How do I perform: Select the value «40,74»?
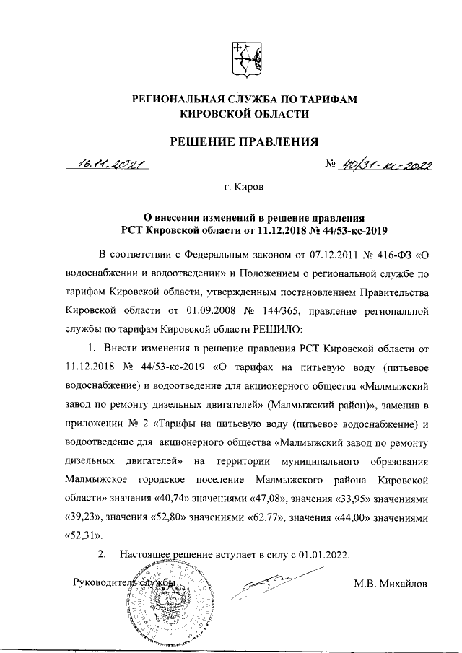(x=178, y=497)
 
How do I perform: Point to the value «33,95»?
(x=370, y=497)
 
